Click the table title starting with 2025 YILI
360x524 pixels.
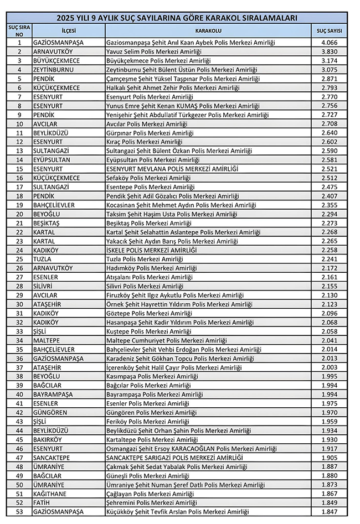pos(180,18)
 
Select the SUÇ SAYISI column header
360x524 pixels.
pos(329,30)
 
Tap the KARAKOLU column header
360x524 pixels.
pos(208,30)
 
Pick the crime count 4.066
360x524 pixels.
pos(329,43)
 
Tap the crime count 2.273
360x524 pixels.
pos(329,223)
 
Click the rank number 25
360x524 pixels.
pos(19,259)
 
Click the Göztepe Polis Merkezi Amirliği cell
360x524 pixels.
pos(149,313)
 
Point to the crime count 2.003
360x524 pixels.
pos(329,367)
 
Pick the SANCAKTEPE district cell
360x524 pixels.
pos(55,458)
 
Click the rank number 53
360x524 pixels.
pos(19,512)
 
